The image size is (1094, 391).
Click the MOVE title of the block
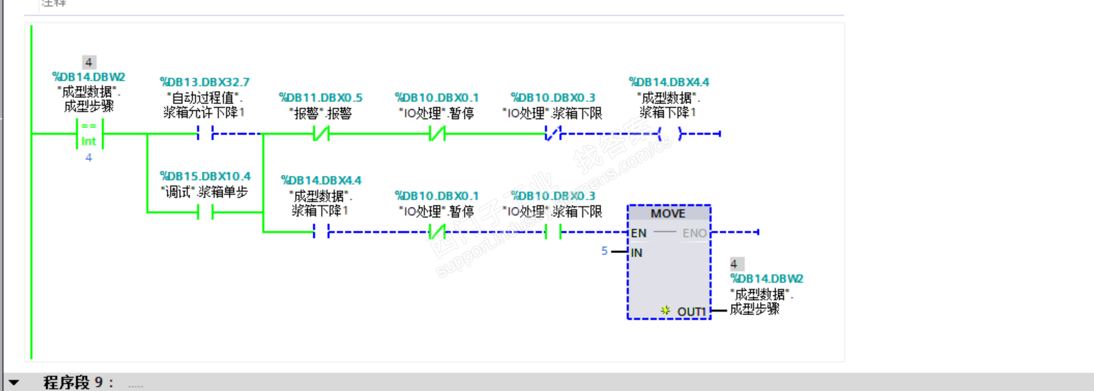click(x=667, y=214)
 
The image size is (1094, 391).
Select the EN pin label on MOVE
click(x=638, y=233)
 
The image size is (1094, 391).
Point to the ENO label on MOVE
click(x=694, y=233)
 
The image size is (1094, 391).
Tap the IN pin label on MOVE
click(x=636, y=252)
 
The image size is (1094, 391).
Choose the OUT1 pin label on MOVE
click(x=692, y=312)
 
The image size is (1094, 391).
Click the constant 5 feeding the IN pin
click(x=605, y=251)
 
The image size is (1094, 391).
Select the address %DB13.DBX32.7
click(x=205, y=82)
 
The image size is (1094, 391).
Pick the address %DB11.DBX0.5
click(x=320, y=98)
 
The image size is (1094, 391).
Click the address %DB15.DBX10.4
click(x=205, y=177)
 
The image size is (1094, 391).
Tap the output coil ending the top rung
click(x=670, y=134)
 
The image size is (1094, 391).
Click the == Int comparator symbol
click(x=89, y=134)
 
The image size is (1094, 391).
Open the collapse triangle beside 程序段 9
click(x=14, y=382)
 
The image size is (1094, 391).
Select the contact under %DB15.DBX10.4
click(x=205, y=212)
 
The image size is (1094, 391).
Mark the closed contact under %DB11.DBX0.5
click(x=321, y=134)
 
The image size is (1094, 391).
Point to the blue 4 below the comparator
click(x=88, y=158)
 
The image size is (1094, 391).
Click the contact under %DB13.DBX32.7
click(x=205, y=134)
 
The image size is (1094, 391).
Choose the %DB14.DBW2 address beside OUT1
click(x=767, y=279)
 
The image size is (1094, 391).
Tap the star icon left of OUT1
click(x=665, y=311)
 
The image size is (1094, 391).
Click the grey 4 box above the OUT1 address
click(x=734, y=264)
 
